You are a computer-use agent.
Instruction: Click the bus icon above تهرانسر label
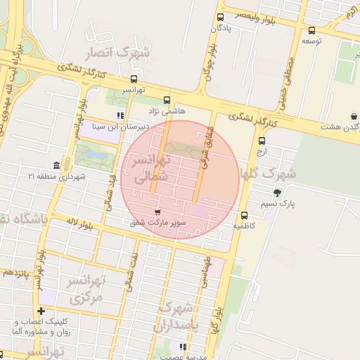(x=134, y=79)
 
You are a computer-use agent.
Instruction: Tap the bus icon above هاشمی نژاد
(x=167, y=101)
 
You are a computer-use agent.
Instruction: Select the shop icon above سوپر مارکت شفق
(x=157, y=211)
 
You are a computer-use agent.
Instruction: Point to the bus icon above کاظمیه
(x=244, y=216)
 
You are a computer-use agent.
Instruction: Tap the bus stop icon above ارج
(x=262, y=140)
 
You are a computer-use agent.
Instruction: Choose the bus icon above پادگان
(x=220, y=18)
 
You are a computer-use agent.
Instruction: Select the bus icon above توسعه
(x=311, y=30)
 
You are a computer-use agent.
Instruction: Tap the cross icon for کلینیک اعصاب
(x=41, y=311)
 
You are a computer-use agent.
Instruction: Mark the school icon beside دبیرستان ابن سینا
(x=120, y=115)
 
